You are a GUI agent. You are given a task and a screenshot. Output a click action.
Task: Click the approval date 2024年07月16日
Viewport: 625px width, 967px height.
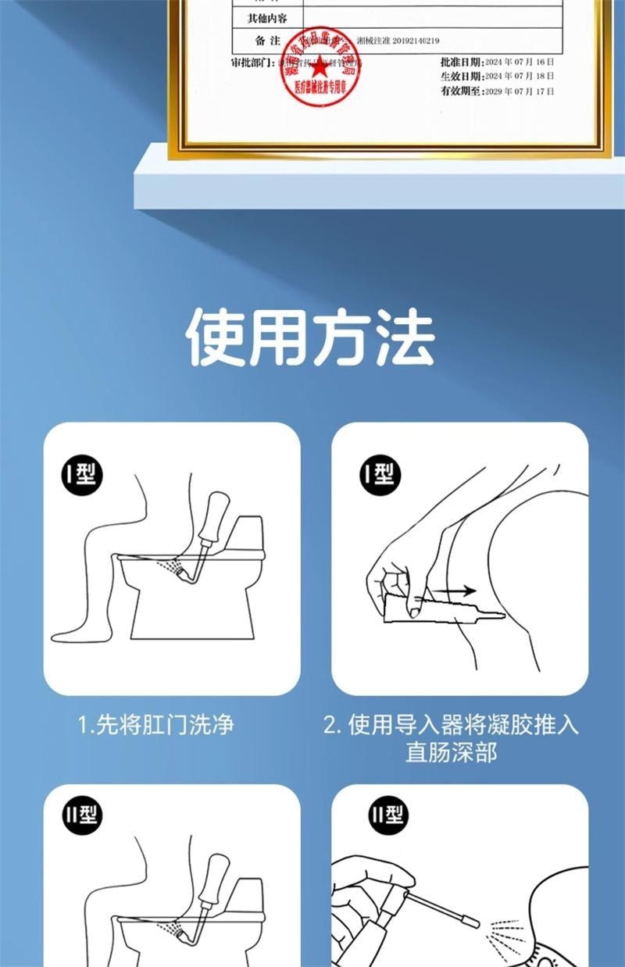pyautogui.click(x=519, y=61)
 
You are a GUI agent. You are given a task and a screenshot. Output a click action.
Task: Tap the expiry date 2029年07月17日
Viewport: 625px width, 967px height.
pyautogui.click(x=519, y=91)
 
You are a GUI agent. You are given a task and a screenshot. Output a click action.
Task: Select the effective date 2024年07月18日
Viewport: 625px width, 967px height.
pyautogui.click(x=519, y=76)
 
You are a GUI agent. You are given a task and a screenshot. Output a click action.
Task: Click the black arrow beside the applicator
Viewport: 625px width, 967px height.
pyautogui.click(x=458, y=591)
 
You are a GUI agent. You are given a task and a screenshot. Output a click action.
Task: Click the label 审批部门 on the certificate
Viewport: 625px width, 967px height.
pyautogui.click(x=252, y=62)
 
